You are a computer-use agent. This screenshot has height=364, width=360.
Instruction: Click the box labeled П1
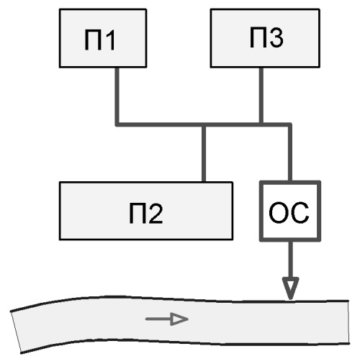103,38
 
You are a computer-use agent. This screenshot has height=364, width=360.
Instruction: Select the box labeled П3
265,38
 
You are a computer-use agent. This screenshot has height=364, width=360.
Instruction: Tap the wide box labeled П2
146,211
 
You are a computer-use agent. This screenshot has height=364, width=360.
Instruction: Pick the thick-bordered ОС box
290,211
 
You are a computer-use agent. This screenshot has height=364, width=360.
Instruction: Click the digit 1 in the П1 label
109,40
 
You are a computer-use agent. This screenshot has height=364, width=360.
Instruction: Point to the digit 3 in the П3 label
276,37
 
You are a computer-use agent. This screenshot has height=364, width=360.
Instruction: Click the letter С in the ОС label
300,213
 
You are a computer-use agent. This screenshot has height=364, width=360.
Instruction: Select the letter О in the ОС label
279,213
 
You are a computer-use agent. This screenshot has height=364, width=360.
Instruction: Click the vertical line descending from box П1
117,96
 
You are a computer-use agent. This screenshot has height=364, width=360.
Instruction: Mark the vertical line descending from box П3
261,96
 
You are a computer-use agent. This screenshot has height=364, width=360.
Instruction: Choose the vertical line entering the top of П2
204,154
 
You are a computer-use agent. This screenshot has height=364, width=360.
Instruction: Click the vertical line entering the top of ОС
290,153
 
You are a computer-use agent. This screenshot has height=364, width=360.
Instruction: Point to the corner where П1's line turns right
117,124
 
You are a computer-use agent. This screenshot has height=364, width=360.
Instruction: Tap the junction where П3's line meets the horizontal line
261,124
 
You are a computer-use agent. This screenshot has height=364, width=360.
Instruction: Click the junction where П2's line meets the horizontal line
204,124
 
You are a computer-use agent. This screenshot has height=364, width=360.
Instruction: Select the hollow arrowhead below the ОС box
290,288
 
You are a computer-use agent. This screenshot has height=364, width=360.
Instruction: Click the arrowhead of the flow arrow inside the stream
179,319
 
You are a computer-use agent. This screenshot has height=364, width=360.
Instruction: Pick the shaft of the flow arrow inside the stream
158,319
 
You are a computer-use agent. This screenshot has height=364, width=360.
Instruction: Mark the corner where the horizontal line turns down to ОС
290,124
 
